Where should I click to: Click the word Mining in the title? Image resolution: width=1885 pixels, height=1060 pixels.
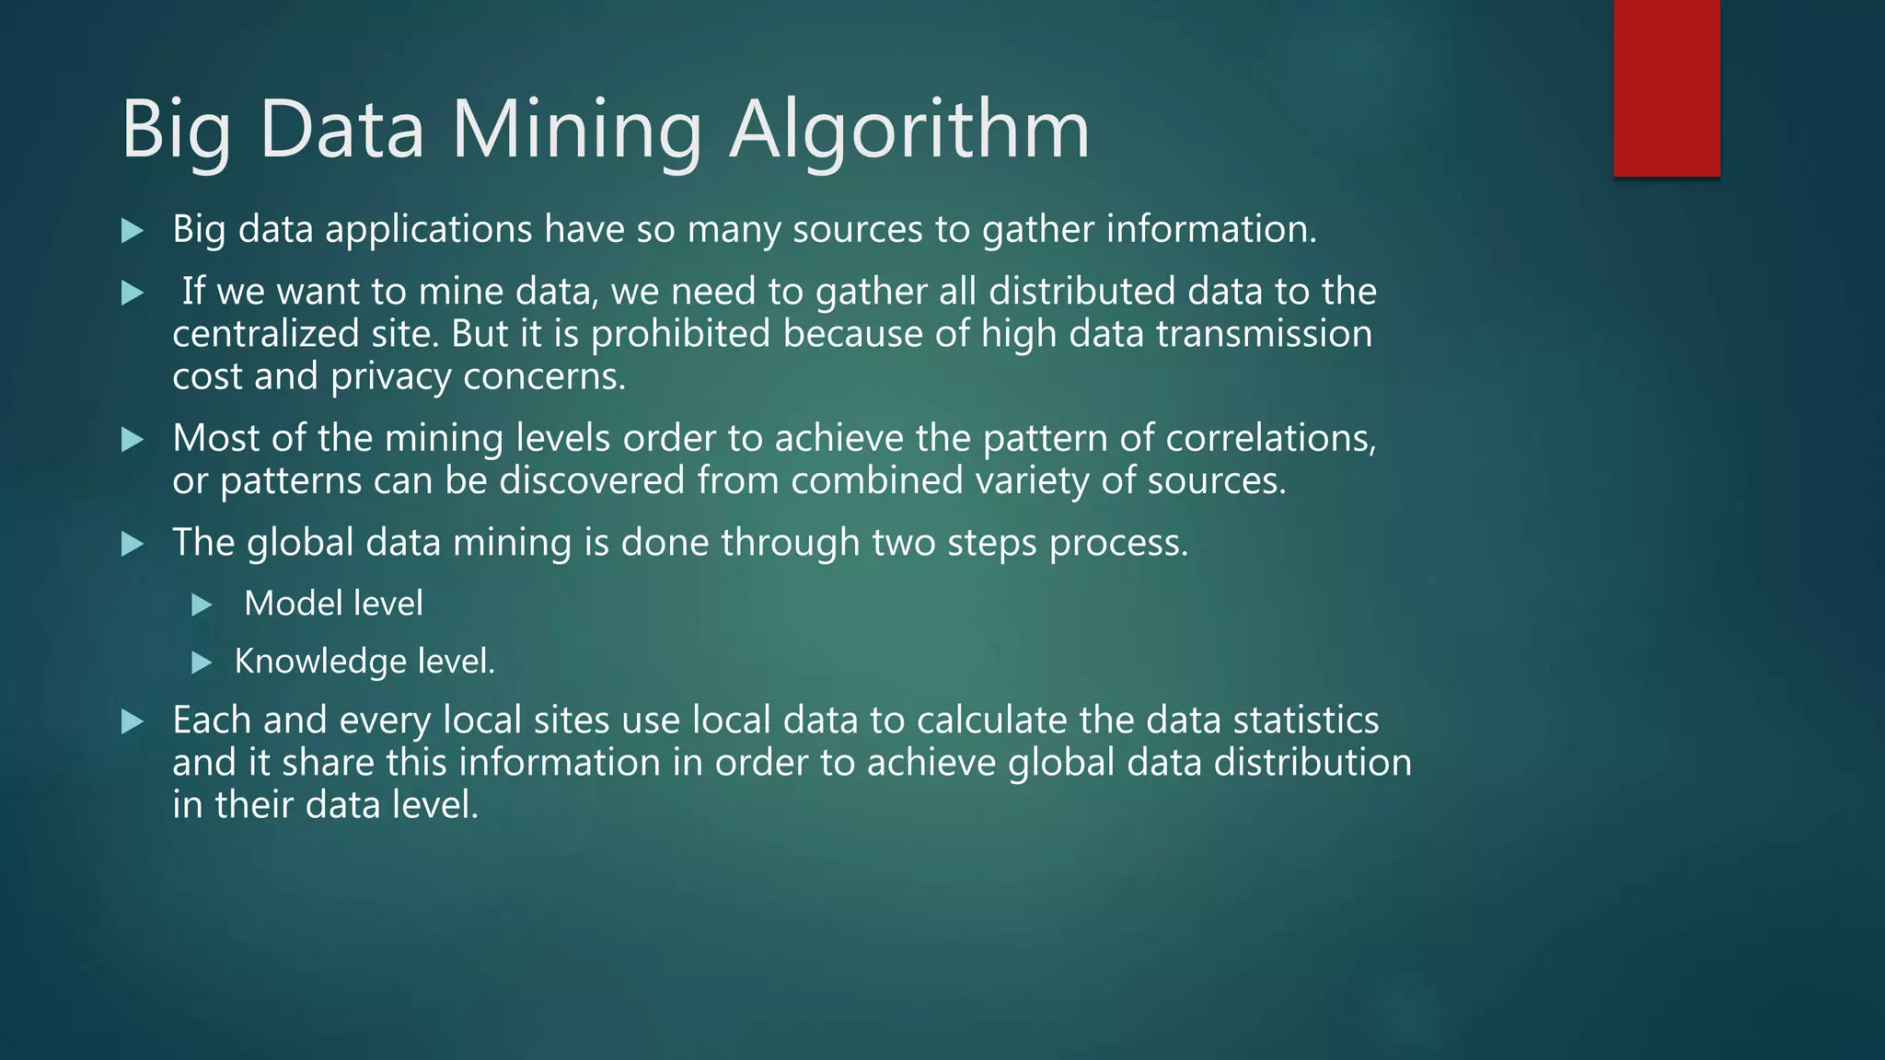tap(576, 130)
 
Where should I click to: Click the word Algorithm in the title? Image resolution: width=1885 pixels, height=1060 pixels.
tap(909, 130)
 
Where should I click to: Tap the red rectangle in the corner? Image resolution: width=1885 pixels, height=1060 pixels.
tap(1666, 88)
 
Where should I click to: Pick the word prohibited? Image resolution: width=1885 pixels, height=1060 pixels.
tap(680, 334)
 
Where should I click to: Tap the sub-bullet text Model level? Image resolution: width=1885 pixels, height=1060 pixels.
tap(333, 605)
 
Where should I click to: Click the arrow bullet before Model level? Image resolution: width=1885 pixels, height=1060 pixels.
tap(202, 605)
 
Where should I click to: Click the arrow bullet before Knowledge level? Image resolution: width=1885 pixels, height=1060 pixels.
tap(202, 662)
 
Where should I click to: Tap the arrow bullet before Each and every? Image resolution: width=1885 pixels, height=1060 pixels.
tap(133, 721)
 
